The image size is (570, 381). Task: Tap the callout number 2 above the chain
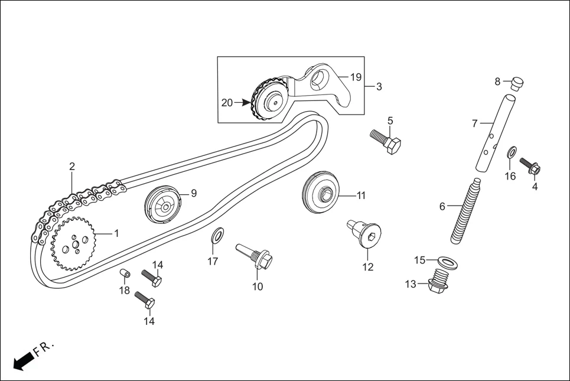pyautogui.click(x=72, y=167)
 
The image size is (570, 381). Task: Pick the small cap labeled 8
pyautogui.click(x=517, y=82)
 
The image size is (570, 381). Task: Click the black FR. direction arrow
pyautogui.click(x=22, y=360)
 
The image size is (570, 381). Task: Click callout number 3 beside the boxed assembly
pyautogui.click(x=379, y=87)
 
